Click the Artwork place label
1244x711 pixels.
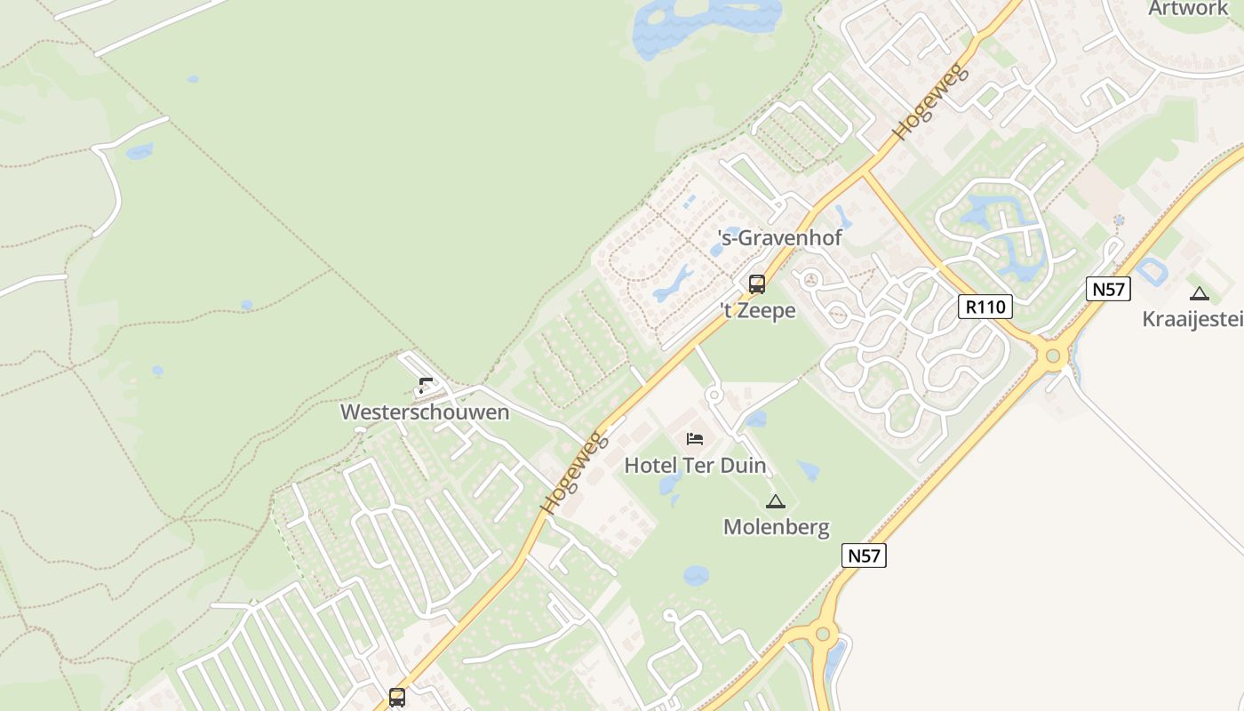click(x=1187, y=9)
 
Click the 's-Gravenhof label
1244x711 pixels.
click(x=779, y=238)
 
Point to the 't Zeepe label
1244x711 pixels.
click(x=757, y=311)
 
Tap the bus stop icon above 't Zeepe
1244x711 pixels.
click(x=757, y=284)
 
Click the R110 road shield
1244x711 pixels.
click(x=986, y=308)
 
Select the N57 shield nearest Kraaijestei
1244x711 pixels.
click(x=1107, y=289)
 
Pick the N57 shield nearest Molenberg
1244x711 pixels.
click(x=864, y=556)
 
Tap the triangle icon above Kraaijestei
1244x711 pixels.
click(x=1200, y=293)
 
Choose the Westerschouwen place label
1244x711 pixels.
click(x=425, y=412)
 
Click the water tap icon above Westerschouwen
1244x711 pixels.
click(x=425, y=387)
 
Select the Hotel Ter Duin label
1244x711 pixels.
click(x=695, y=465)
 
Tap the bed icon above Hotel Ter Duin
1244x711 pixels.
click(x=695, y=439)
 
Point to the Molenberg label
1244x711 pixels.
click(x=776, y=527)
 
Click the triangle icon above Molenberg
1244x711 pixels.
click(x=776, y=502)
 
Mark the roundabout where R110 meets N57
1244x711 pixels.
click(x=1053, y=357)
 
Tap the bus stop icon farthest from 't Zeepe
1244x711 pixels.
click(x=397, y=698)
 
